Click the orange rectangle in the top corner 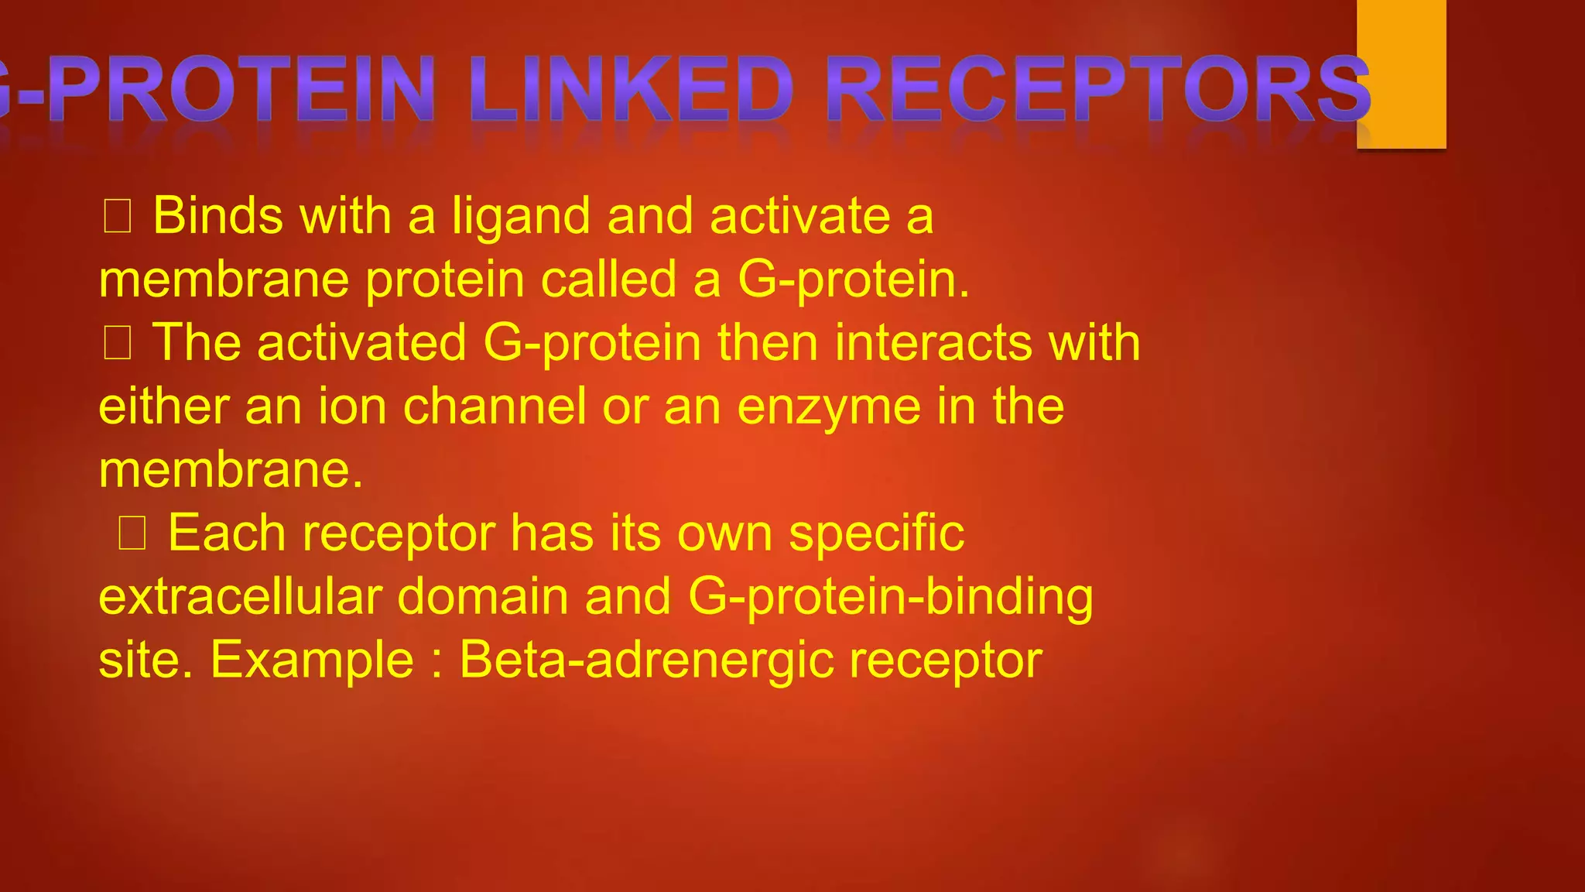tap(1401, 74)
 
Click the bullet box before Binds tap(118, 216)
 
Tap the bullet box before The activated tap(118, 343)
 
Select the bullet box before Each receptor tap(132, 533)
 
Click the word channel tap(495, 406)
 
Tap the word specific tap(876, 534)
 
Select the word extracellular tap(241, 596)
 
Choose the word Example tap(312, 661)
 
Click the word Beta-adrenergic tap(646, 660)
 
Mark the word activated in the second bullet tap(361, 342)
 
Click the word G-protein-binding tap(890, 598)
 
